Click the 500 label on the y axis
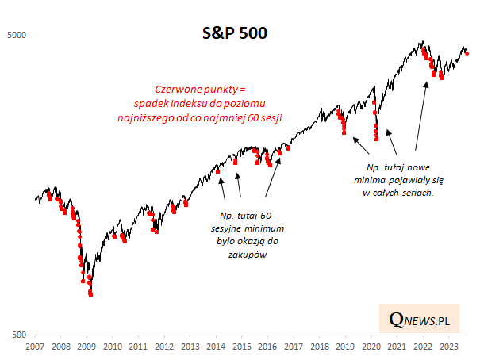tap(19, 335)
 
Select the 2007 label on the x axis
tap(35, 347)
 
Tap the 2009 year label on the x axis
tap(86, 347)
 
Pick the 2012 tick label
tap(164, 347)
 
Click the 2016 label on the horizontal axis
tap(267, 347)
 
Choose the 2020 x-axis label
tap(371, 347)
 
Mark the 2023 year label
tap(447, 347)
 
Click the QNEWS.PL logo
tap(420, 320)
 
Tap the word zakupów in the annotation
tap(247, 255)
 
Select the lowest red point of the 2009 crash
tap(90, 294)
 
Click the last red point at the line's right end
tap(467, 54)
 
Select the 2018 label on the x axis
tap(319, 347)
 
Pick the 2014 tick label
tap(216, 347)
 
